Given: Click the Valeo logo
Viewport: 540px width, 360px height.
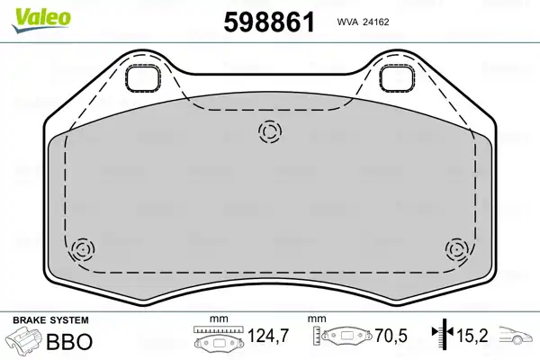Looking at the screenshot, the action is point(41,20).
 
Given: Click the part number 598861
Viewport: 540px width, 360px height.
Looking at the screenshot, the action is point(269,22).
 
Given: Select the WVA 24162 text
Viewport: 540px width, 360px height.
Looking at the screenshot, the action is point(363,22).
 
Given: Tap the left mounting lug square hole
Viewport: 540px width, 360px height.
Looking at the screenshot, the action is point(142,78).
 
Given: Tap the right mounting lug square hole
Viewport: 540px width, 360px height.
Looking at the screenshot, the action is point(397,78).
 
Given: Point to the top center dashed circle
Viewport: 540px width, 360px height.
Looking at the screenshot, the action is point(270,131).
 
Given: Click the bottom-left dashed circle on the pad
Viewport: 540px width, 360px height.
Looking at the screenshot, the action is point(83,248).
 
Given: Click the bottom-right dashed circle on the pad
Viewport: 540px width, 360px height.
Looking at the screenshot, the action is point(456,248).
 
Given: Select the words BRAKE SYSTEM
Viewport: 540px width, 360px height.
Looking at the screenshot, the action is point(50,320).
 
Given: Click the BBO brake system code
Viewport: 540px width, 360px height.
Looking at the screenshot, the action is point(69,342).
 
